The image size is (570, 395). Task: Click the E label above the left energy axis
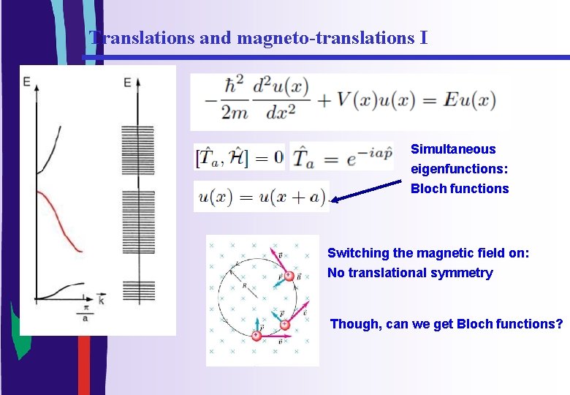[x=27, y=82]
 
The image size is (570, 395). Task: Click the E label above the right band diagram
[x=127, y=82]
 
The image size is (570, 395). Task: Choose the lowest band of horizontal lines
[x=138, y=290]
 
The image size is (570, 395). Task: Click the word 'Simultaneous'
[x=453, y=149]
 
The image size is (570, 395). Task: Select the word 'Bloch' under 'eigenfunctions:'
[x=428, y=189]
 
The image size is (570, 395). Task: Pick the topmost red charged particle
[x=289, y=276]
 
